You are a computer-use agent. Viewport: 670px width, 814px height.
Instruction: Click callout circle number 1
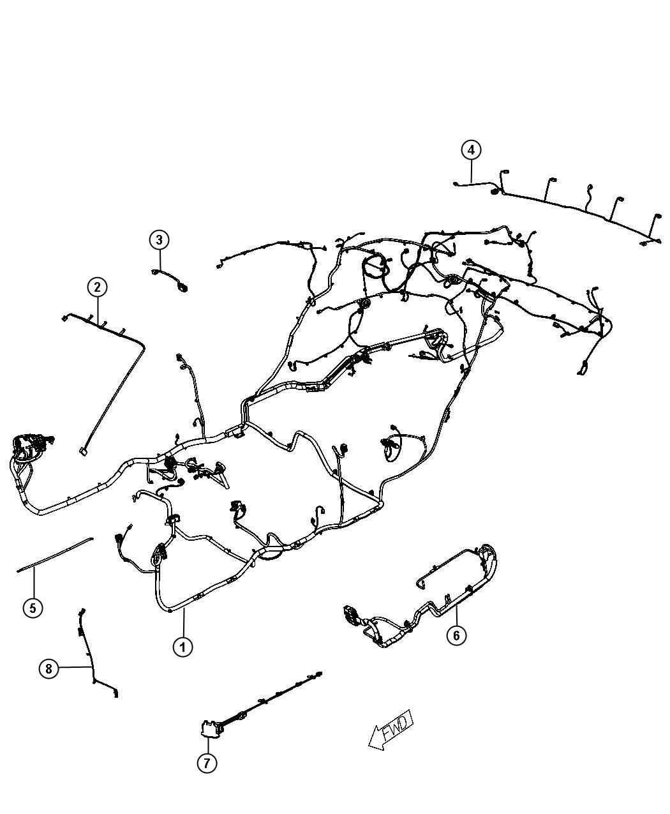pyautogui.click(x=182, y=647)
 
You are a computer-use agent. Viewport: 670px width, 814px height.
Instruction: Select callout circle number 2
pyautogui.click(x=97, y=287)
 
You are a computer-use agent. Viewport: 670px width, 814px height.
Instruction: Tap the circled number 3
pyautogui.click(x=159, y=240)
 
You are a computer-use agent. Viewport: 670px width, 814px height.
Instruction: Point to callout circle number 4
pyautogui.click(x=471, y=150)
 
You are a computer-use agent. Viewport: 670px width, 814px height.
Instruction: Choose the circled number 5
pyautogui.click(x=33, y=608)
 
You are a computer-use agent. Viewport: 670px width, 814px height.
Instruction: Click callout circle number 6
pyautogui.click(x=456, y=636)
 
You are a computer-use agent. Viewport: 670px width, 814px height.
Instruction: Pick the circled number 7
pyautogui.click(x=207, y=762)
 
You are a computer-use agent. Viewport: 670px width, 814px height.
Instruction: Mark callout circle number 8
pyautogui.click(x=48, y=669)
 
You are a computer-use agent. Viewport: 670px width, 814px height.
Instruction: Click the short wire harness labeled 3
pyautogui.click(x=170, y=280)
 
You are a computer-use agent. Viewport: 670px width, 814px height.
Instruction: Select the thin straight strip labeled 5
pyautogui.click(x=55, y=554)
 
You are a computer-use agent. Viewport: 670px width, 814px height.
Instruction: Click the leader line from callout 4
pyautogui.click(x=471, y=172)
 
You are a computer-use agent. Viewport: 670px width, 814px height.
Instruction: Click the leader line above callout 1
pyautogui.click(x=183, y=623)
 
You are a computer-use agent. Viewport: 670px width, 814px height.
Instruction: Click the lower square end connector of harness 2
pyautogui.click(x=82, y=451)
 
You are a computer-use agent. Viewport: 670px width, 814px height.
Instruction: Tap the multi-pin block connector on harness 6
pyautogui.click(x=350, y=616)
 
